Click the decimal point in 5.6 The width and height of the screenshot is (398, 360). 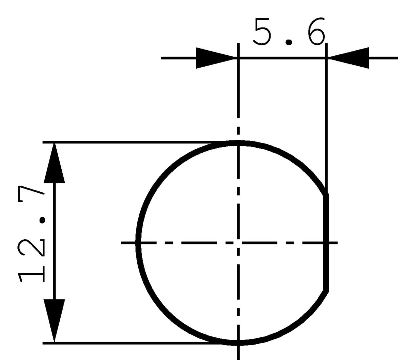(289, 42)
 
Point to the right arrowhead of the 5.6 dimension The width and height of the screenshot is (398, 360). (349, 58)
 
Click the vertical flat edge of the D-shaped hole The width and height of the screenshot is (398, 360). (326, 243)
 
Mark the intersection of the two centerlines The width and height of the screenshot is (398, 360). (238, 243)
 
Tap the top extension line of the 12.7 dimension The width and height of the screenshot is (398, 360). (131, 142)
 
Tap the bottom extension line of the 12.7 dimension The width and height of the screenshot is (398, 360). (131, 343)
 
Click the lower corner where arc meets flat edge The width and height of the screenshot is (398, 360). (326, 290)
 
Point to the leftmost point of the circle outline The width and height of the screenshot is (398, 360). (139, 243)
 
